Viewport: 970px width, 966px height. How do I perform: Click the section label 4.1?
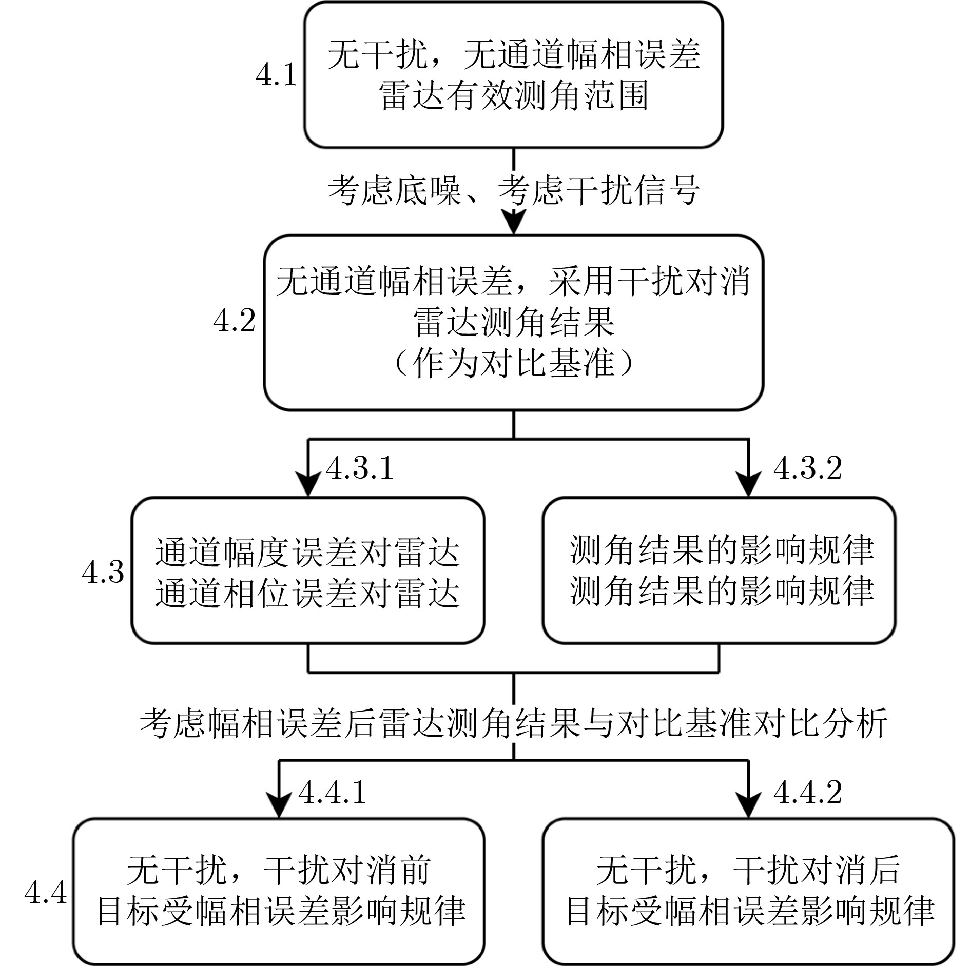277,75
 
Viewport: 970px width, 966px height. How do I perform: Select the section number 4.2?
235,322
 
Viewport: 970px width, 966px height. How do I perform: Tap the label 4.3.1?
360,468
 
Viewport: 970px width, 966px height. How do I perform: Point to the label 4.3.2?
808,468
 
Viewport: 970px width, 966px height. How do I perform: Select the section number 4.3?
103,571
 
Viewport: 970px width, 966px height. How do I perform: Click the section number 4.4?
46,893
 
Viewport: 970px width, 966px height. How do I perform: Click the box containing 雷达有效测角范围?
514,75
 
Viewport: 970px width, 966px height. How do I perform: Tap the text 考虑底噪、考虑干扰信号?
514,191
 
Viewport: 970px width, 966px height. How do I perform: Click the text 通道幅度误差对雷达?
307,551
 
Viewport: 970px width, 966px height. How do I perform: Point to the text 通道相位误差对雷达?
307,593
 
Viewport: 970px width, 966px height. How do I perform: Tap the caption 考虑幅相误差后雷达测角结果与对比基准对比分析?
514,724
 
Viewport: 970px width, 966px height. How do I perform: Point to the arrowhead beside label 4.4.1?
279,805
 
